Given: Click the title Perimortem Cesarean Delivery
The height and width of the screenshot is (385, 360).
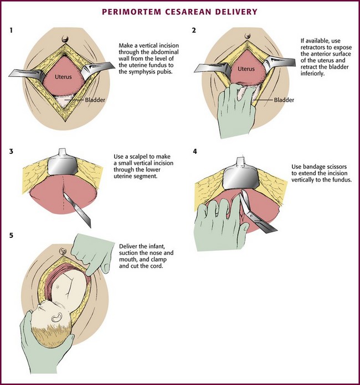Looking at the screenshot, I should click(x=180, y=12).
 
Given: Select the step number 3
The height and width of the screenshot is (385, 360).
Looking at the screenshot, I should click(x=12, y=150).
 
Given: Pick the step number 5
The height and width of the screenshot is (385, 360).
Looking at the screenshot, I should click(x=12, y=236).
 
